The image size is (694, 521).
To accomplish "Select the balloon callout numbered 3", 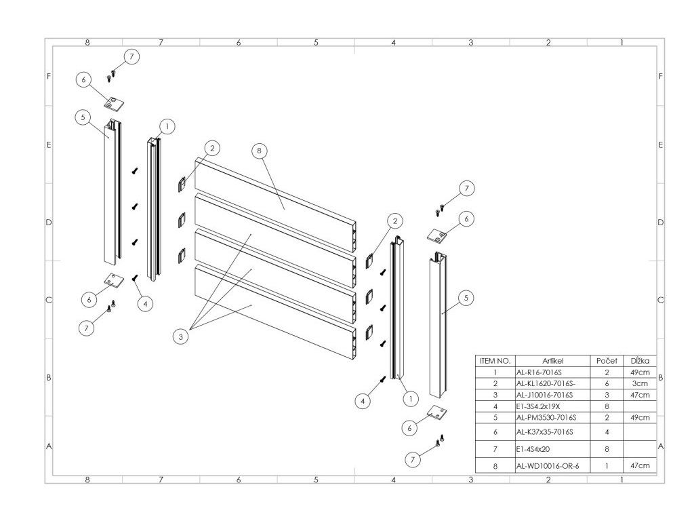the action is click(181, 336).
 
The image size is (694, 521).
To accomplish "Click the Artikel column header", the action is click(553, 361).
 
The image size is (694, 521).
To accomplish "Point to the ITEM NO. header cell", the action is click(495, 361).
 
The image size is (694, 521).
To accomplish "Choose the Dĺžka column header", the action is click(640, 361).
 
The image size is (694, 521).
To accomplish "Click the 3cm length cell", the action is click(640, 383).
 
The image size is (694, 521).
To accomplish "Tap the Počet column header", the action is click(606, 361).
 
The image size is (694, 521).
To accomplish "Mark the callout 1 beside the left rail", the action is click(167, 126).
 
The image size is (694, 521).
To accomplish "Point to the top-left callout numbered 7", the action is click(131, 56).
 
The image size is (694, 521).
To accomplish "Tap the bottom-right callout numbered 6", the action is click(409, 428).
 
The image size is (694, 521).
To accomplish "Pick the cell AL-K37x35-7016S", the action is click(545, 431).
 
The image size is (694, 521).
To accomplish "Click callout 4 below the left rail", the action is click(144, 303).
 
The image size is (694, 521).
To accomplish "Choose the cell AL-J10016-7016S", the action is click(545, 394).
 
